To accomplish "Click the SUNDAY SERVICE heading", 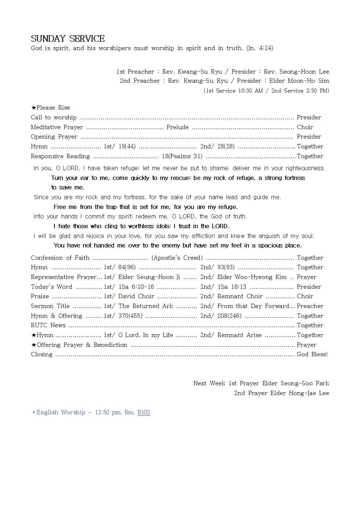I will (67, 39).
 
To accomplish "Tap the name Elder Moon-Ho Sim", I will (299, 81).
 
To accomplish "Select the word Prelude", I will (177, 127).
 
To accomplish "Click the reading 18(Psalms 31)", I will (182, 156).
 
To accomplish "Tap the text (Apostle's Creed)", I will (177, 258).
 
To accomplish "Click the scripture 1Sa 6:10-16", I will (136, 287).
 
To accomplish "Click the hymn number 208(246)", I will (229, 316).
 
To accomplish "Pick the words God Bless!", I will (312, 354).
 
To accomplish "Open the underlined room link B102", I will (144, 412).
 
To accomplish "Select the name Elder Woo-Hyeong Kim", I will (252, 277).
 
